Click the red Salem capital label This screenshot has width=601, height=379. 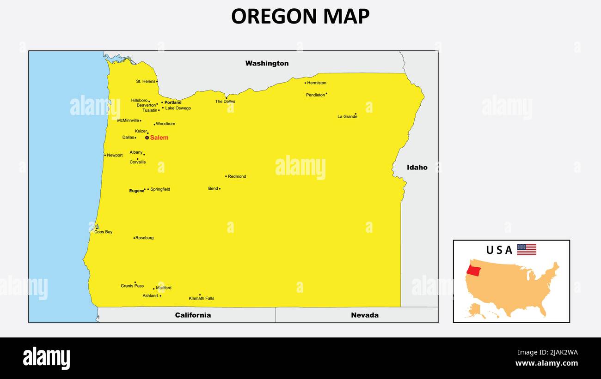tap(159, 138)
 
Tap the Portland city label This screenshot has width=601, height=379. tap(173, 102)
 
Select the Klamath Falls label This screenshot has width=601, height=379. tap(202, 298)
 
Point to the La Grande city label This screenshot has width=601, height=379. tap(347, 117)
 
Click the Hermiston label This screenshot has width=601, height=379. tap(317, 83)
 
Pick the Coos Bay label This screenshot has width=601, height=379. tap(103, 232)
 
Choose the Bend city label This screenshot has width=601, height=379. tap(213, 189)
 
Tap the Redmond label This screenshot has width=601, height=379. tap(237, 176)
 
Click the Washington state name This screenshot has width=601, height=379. tap(267, 63)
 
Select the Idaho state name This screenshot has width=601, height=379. tap(417, 168)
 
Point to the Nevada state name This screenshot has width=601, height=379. tap(364, 315)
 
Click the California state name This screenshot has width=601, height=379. tap(193, 315)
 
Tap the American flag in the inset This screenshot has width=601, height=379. tap(527, 250)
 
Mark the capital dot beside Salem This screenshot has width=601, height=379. tap(147, 138)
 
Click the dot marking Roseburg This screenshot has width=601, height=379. tap(134, 238)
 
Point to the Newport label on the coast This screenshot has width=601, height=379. tap(115, 156)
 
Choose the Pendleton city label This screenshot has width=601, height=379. tap(315, 95)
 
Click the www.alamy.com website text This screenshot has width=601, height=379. tap(546, 363)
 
